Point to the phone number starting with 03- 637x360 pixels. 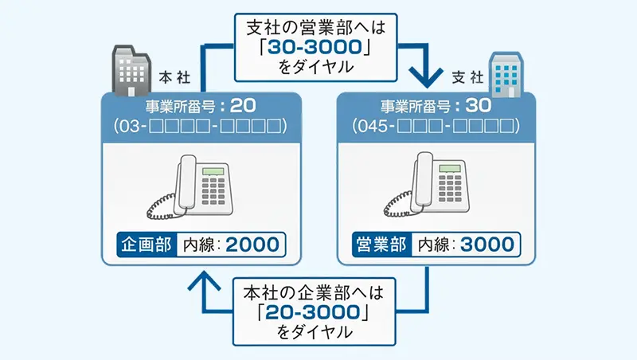pos(201,127)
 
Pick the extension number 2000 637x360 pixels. pos(252,244)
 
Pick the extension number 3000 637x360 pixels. pos(487,244)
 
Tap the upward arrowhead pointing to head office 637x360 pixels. pos(205,280)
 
